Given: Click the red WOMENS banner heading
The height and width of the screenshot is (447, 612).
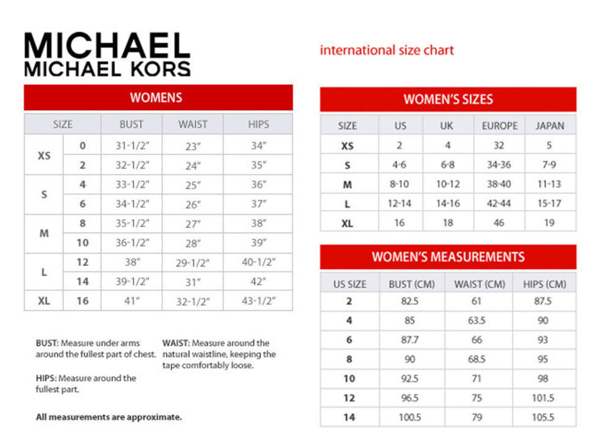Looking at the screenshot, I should [x=156, y=98].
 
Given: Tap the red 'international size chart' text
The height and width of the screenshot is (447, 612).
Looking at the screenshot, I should [x=386, y=50].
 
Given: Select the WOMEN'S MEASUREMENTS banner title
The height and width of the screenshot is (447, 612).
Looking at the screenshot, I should [x=448, y=257].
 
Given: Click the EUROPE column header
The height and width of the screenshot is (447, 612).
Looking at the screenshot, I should [x=500, y=126].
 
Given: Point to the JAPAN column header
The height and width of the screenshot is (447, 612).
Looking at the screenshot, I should [x=550, y=126].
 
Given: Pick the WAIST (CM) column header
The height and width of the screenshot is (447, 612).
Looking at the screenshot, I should [x=479, y=284].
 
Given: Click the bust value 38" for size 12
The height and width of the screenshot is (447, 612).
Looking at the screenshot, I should [x=132, y=262].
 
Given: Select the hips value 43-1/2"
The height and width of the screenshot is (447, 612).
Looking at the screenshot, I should [x=258, y=301].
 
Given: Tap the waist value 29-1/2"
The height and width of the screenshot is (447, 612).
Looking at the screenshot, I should [x=192, y=263].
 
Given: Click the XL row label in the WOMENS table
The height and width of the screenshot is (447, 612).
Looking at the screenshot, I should [x=44, y=301].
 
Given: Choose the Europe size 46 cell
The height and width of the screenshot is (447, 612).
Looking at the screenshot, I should [x=499, y=223].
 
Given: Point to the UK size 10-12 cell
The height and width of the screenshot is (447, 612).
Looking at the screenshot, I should [x=448, y=184].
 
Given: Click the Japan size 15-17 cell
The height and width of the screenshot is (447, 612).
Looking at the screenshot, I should [x=549, y=203].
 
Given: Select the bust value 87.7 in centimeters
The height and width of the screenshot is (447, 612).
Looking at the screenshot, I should [x=410, y=340].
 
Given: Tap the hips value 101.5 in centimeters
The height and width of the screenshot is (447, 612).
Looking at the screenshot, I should [x=543, y=398].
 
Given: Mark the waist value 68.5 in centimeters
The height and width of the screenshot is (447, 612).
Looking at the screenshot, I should [x=477, y=359].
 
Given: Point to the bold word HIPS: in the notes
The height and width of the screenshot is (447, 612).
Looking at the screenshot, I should [x=46, y=378].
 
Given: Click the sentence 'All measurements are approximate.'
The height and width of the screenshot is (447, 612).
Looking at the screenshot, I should [x=109, y=417].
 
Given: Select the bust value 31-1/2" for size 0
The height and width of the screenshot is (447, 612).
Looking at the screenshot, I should [x=132, y=146].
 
